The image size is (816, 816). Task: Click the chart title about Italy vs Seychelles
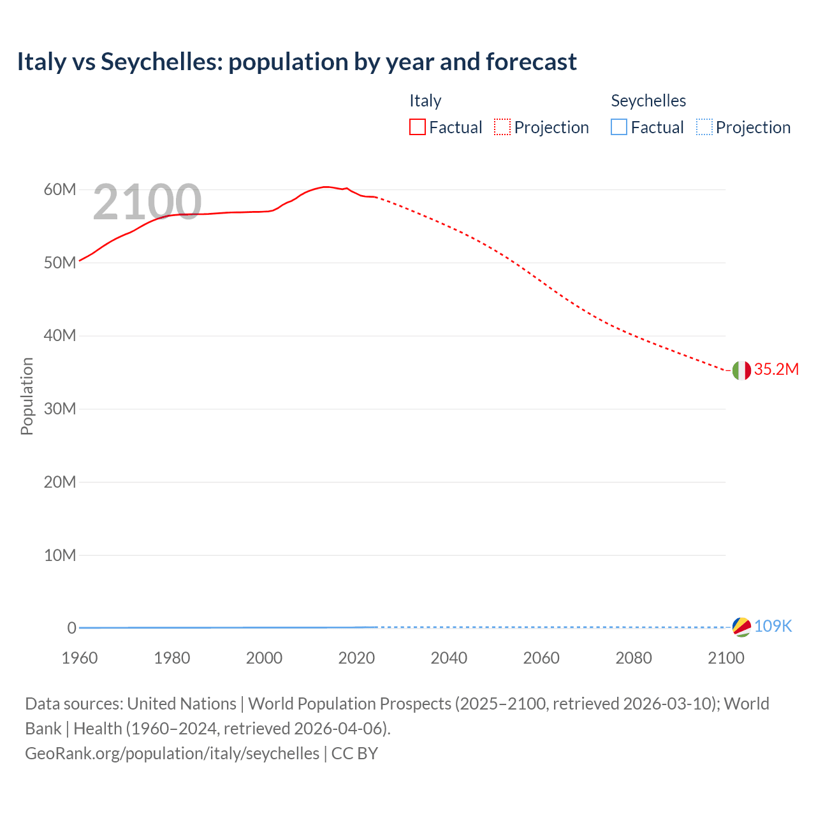click(x=296, y=62)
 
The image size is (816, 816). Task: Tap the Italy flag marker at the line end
click(x=741, y=370)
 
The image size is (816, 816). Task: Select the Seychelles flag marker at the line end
click(x=741, y=627)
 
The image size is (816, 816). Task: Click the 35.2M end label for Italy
click(x=776, y=370)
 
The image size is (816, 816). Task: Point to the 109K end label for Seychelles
click(x=773, y=627)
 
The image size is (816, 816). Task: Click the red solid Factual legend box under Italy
click(x=417, y=127)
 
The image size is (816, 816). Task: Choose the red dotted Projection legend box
click(x=502, y=127)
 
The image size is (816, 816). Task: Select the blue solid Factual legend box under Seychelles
click(x=618, y=127)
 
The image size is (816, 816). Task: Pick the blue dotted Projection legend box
click(x=704, y=127)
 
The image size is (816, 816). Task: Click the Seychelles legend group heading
click(x=648, y=101)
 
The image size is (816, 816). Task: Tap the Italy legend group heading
click(x=425, y=101)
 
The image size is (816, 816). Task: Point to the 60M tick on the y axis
click(x=60, y=190)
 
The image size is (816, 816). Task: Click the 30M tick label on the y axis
click(x=60, y=409)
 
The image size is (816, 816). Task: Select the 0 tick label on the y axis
click(x=71, y=628)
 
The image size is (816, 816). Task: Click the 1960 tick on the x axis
click(x=80, y=658)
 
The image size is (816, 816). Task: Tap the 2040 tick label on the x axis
click(x=449, y=658)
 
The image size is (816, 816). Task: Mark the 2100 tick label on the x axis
click(x=725, y=658)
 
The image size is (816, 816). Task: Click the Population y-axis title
click(x=27, y=396)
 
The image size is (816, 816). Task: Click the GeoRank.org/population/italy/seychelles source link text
click(x=172, y=754)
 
